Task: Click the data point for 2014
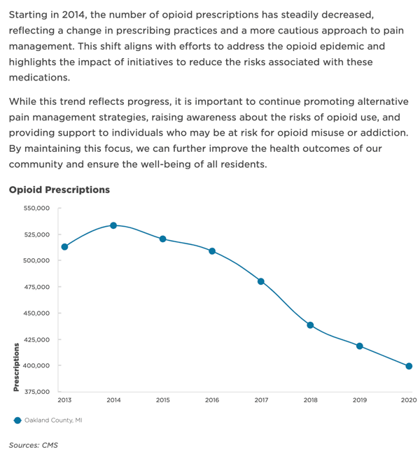[113, 225]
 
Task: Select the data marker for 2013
[64, 246]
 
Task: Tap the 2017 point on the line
[261, 281]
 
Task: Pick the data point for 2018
[310, 325]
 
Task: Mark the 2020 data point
[409, 366]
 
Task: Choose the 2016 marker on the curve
[212, 251]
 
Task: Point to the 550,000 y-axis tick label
[36, 209]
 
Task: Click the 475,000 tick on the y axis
[36, 287]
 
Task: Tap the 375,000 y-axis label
[36, 392]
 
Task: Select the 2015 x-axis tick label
[162, 400]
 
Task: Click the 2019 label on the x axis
[359, 400]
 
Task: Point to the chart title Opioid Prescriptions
[59, 190]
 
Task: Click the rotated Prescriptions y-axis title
[15, 367]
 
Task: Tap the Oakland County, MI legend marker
[16, 421]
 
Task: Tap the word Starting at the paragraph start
[30, 15]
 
